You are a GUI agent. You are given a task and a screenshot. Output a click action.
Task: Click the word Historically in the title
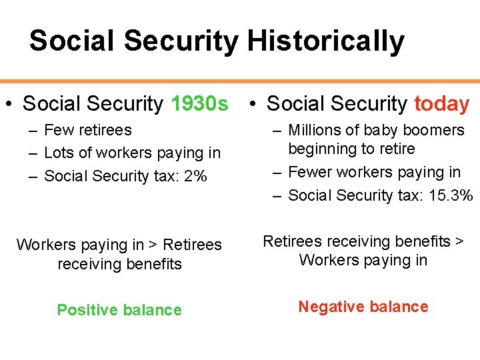pos(325,41)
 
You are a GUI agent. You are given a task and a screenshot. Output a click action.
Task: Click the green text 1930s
pos(199,104)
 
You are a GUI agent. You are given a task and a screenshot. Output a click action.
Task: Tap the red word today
pos(441,104)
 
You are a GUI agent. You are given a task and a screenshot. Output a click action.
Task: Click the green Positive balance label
pos(119,310)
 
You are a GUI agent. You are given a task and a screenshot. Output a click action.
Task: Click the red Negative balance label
pos(363,307)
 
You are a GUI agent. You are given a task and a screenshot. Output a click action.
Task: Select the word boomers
pos(433,130)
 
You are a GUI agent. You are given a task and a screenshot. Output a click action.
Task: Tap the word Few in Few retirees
pos(56,130)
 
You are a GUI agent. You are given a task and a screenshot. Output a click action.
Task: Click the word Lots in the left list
pos(57,153)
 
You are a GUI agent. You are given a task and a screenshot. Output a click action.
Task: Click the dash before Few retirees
pos(32,131)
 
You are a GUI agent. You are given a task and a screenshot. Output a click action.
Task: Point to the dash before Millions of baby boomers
pos(277,131)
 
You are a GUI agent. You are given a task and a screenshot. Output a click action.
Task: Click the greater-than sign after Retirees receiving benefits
pos(459,241)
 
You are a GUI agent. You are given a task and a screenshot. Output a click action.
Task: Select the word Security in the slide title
pos(185,41)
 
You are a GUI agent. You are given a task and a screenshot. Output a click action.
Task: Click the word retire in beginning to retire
pos(395,149)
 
